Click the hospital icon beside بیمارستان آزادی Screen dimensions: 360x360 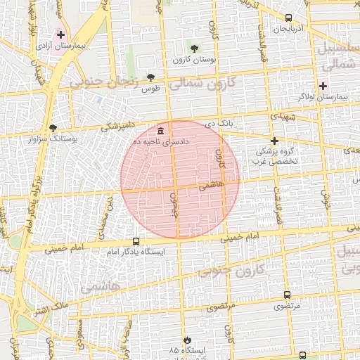(61, 34)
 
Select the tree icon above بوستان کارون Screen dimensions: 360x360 (194, 48)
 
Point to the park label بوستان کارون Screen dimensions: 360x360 (194, 60)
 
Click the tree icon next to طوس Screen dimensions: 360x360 (150, 77)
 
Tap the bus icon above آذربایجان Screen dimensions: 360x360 (289, 18)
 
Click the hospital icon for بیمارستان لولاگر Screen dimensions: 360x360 (323, 86)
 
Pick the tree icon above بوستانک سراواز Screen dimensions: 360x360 (53, 128)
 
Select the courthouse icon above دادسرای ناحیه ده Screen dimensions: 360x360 (162, 131)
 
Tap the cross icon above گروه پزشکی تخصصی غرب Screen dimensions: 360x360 (275, 141)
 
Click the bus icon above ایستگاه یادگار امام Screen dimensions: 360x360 (136, 241)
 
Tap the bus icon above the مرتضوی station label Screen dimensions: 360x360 (286, 295)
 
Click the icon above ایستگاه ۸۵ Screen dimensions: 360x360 (186, 340)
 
